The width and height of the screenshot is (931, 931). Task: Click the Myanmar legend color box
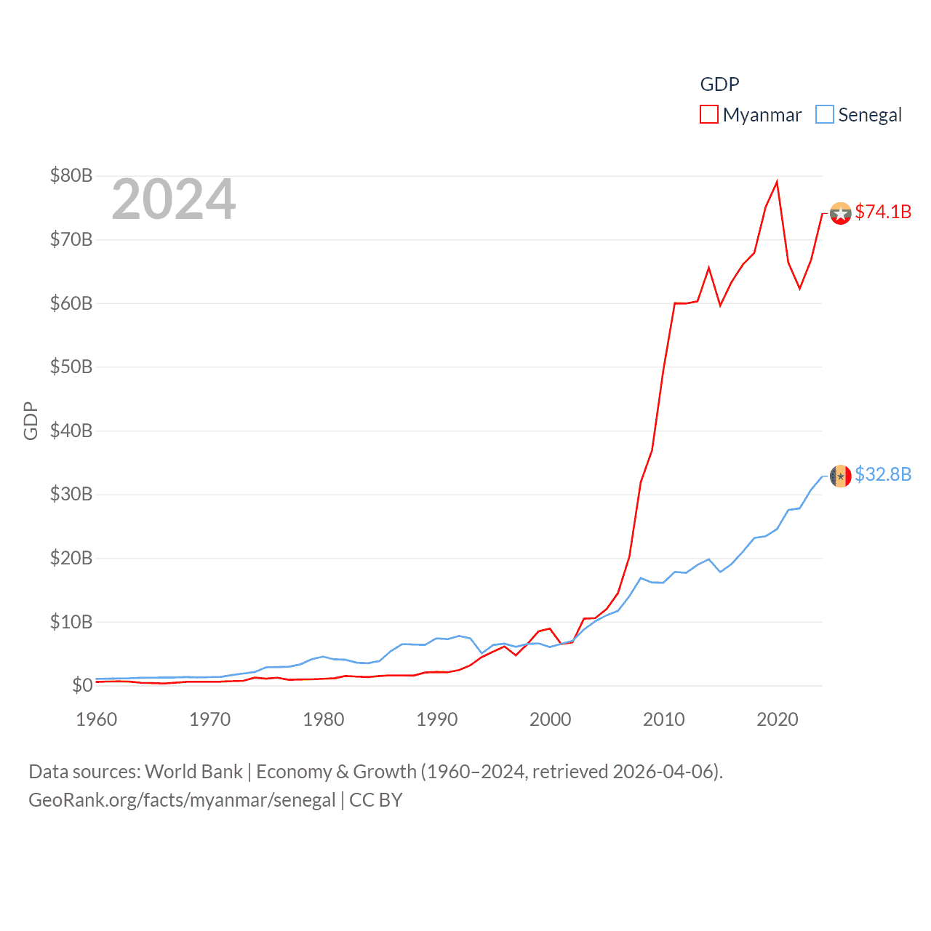pyautogui.click(x=708, y=115)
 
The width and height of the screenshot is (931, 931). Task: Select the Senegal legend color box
pyautogui.click(x=824, y=115)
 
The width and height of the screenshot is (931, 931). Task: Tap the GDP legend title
pyautogui.click(x=719, y=84)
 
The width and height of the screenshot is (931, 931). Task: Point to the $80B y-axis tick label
pyautogui.click(x=71, y=175)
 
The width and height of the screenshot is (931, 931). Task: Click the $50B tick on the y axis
pyautogui.click(x=71, y=367)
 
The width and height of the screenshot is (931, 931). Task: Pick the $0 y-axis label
pyautogui.click(x=82, y=685)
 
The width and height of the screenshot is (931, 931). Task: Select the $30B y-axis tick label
pyautogui.click(x=71, y=494)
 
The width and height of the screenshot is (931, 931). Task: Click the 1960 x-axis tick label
pyautogui.click(x=97, y=719)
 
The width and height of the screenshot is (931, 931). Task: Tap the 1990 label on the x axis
pyautogui.click(x=437, y=719)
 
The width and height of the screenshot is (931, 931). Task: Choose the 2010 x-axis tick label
pyautogui.click(x=664, y=719)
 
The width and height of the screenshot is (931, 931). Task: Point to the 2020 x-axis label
pyautogui.click(x=778, y=719)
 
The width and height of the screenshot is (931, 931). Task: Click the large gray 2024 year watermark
pyautogui.click(x=174, y=199)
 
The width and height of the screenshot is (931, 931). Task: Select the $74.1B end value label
pyautogui.click(x=883, y=212)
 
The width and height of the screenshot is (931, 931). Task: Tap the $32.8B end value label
pyautogui.click(x=883, y=474)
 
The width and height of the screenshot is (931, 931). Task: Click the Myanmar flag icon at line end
pyautogui.click(x=841, y=214)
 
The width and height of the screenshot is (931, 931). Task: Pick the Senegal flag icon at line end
pyautogui.click(x=841, y=476)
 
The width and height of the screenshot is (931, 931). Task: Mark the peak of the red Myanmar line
pyautogui.click(x=777, y=182)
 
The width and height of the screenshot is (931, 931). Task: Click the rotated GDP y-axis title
pyautogui.click(x=31, y=420)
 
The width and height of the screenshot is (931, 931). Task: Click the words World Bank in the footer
pyautogui.click(x=193, y=771)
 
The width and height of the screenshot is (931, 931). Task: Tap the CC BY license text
pyautogui.click(x=376, y=800)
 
